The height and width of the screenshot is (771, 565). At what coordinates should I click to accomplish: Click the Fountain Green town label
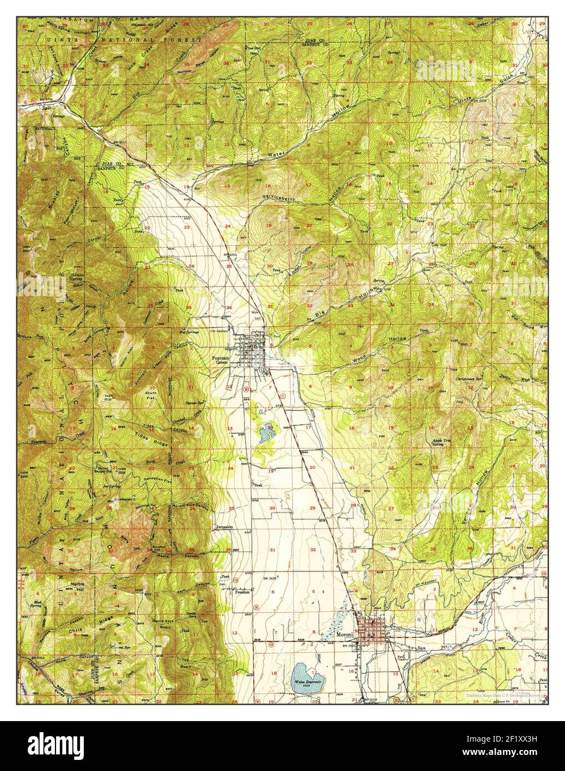[220, 361]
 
